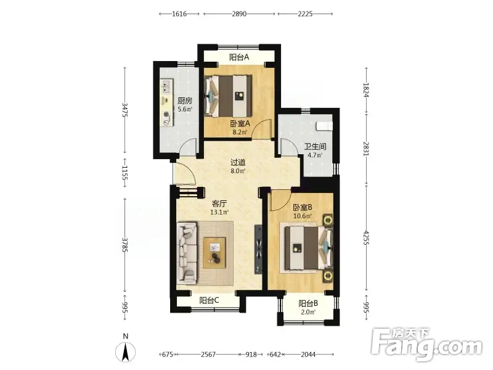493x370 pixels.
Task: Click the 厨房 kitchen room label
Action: [184, 101]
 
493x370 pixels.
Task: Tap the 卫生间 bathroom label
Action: [315, 147]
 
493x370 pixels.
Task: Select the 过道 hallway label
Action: [238, 163]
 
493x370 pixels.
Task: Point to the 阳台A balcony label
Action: [239, 57]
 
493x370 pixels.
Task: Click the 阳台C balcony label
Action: [209, 300]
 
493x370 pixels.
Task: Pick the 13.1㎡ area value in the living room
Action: [219, 212]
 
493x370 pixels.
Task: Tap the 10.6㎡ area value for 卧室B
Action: [303, 216]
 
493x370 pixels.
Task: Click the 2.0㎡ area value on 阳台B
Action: [308, 312]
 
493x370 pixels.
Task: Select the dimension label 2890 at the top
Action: [239, 14]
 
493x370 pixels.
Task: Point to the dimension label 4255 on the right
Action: [365, 238]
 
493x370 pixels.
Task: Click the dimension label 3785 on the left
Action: [124, 245]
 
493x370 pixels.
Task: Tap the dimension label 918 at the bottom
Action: [251, 355]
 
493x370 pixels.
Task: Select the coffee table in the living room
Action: [214, 253]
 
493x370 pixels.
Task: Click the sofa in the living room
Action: [187, 253]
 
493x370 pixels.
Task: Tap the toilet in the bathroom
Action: [324, 126]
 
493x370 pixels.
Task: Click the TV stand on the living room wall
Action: [258, 249]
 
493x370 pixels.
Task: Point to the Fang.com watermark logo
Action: [426, 345]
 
